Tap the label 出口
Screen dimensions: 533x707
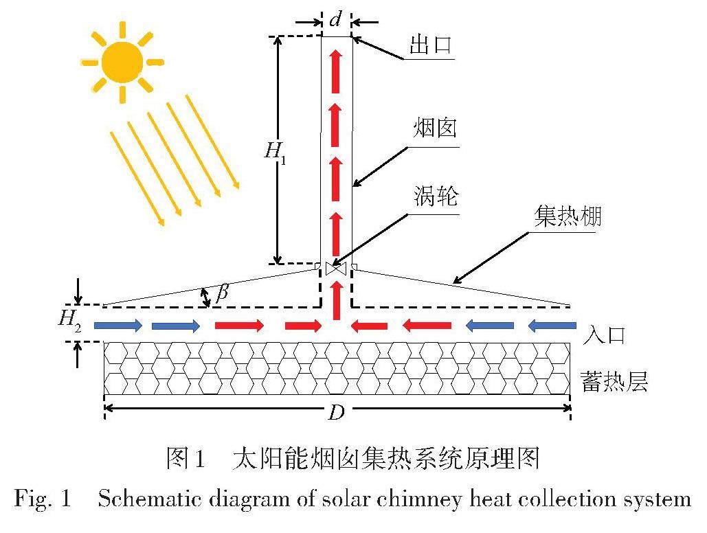pyautogui.click(x=430, y=45)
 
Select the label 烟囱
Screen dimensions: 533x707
pyautogui.click(x=436, y=128)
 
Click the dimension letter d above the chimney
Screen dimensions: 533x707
pyautogui.click(x=336, y=20)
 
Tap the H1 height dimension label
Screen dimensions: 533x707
pyautogui.click(x=276, y=151)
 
